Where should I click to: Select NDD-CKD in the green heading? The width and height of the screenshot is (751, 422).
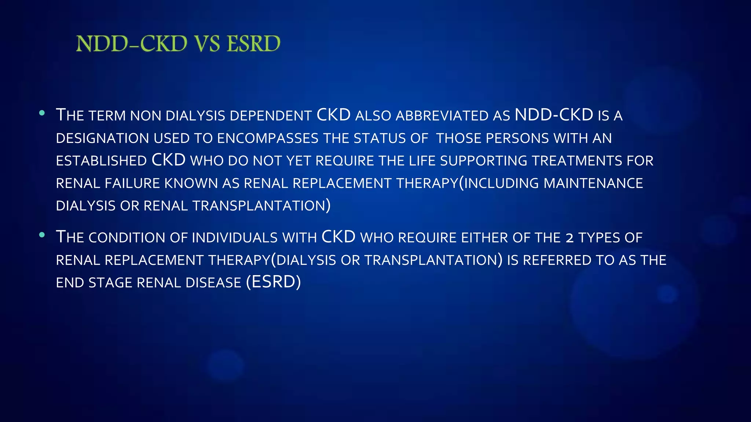[x=132, y=44]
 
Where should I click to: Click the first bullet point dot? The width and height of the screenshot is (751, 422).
[x=42, y=113]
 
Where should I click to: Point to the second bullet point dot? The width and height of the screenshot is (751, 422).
[x=42, y=235]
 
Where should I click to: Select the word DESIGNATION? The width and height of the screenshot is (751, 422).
[x=102, y=138]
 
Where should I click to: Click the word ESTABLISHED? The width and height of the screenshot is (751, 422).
[x=101, y=161]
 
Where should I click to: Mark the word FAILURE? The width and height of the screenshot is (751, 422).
[x=132, y=184]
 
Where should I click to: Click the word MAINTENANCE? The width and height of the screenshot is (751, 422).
[x=593, y=184]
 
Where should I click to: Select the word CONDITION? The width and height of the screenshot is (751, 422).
[x=127, y=238]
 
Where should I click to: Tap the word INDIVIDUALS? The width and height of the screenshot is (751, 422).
[x=235, y=238]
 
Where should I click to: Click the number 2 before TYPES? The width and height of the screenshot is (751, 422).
[x=569, y=238]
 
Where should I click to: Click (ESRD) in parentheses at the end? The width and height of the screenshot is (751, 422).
[x=274, y=282]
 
